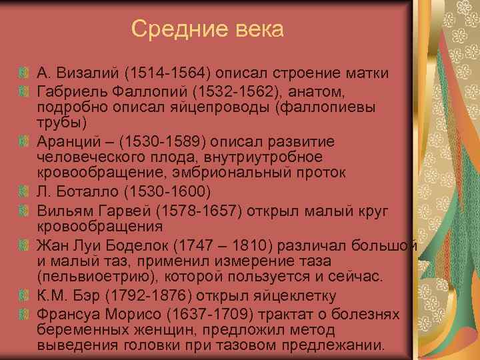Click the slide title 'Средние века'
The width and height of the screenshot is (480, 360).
click(207, 29)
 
